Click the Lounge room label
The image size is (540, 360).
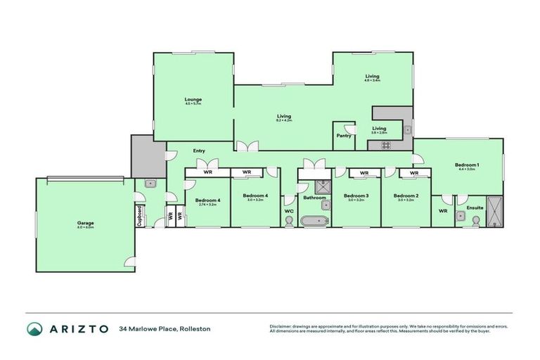(x=193, y=100)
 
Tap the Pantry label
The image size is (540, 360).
(x=343, y=136)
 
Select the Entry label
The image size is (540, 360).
(x=199, y=150)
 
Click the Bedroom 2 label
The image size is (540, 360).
(x=406, y=195)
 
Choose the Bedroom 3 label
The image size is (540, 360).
(x=356, y=195)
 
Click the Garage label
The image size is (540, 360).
(x=86, y=223)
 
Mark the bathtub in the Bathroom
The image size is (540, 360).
(x=314, y=221)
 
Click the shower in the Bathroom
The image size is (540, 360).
(x=324, y=186)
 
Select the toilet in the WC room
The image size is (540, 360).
(x=290, y=221)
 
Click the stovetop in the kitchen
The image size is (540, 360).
(x=385, y=146)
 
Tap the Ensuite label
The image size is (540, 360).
(x=475, y=208)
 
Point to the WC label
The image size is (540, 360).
(x=289, y=210)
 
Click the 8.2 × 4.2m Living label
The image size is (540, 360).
(x=283, y=117)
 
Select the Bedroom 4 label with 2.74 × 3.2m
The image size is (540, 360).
(x=208, y=200)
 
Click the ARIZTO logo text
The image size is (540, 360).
(x=77, y=328)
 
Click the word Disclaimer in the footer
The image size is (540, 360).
(x=282, y=326)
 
